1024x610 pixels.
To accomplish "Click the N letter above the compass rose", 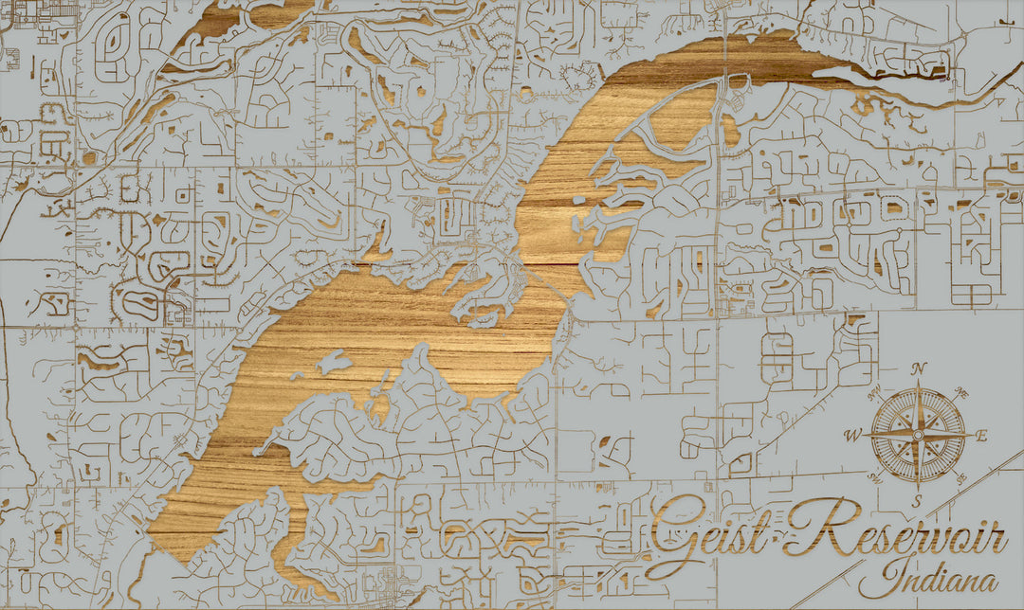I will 918,369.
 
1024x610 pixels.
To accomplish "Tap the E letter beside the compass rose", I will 982,436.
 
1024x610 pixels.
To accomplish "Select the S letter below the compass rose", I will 918,501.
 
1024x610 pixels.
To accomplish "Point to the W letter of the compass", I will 853,436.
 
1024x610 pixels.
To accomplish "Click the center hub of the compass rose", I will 918,435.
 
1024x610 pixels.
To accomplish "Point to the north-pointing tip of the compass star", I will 918,384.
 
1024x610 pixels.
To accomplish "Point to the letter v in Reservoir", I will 933,542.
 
